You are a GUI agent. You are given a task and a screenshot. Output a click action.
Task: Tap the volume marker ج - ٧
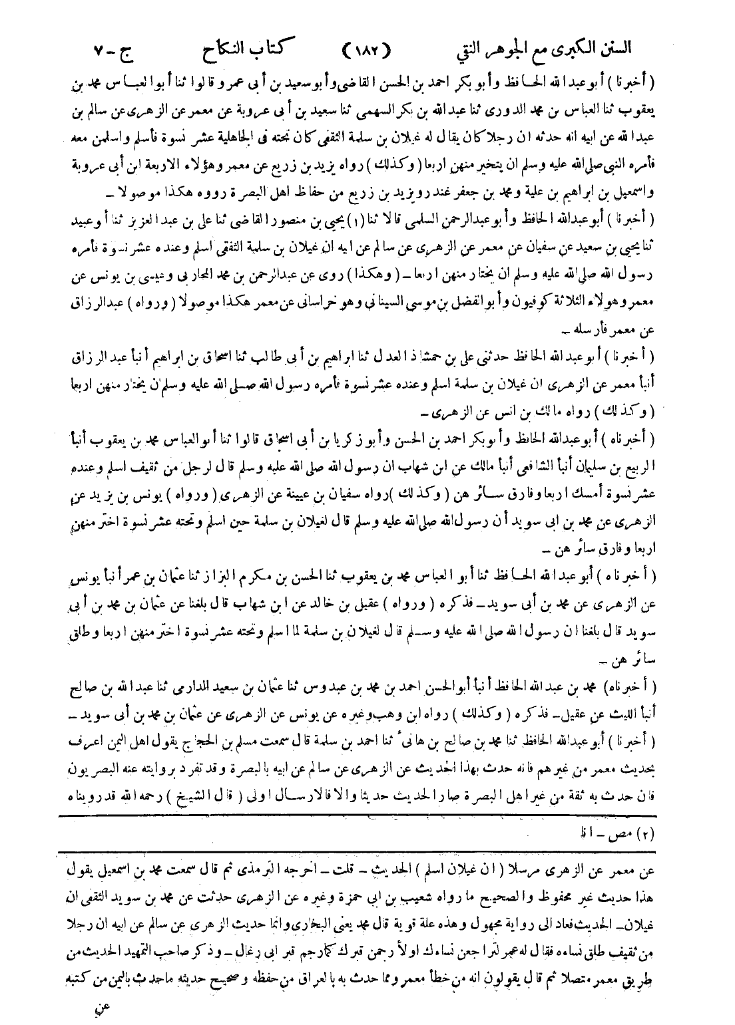coord(113,50)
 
